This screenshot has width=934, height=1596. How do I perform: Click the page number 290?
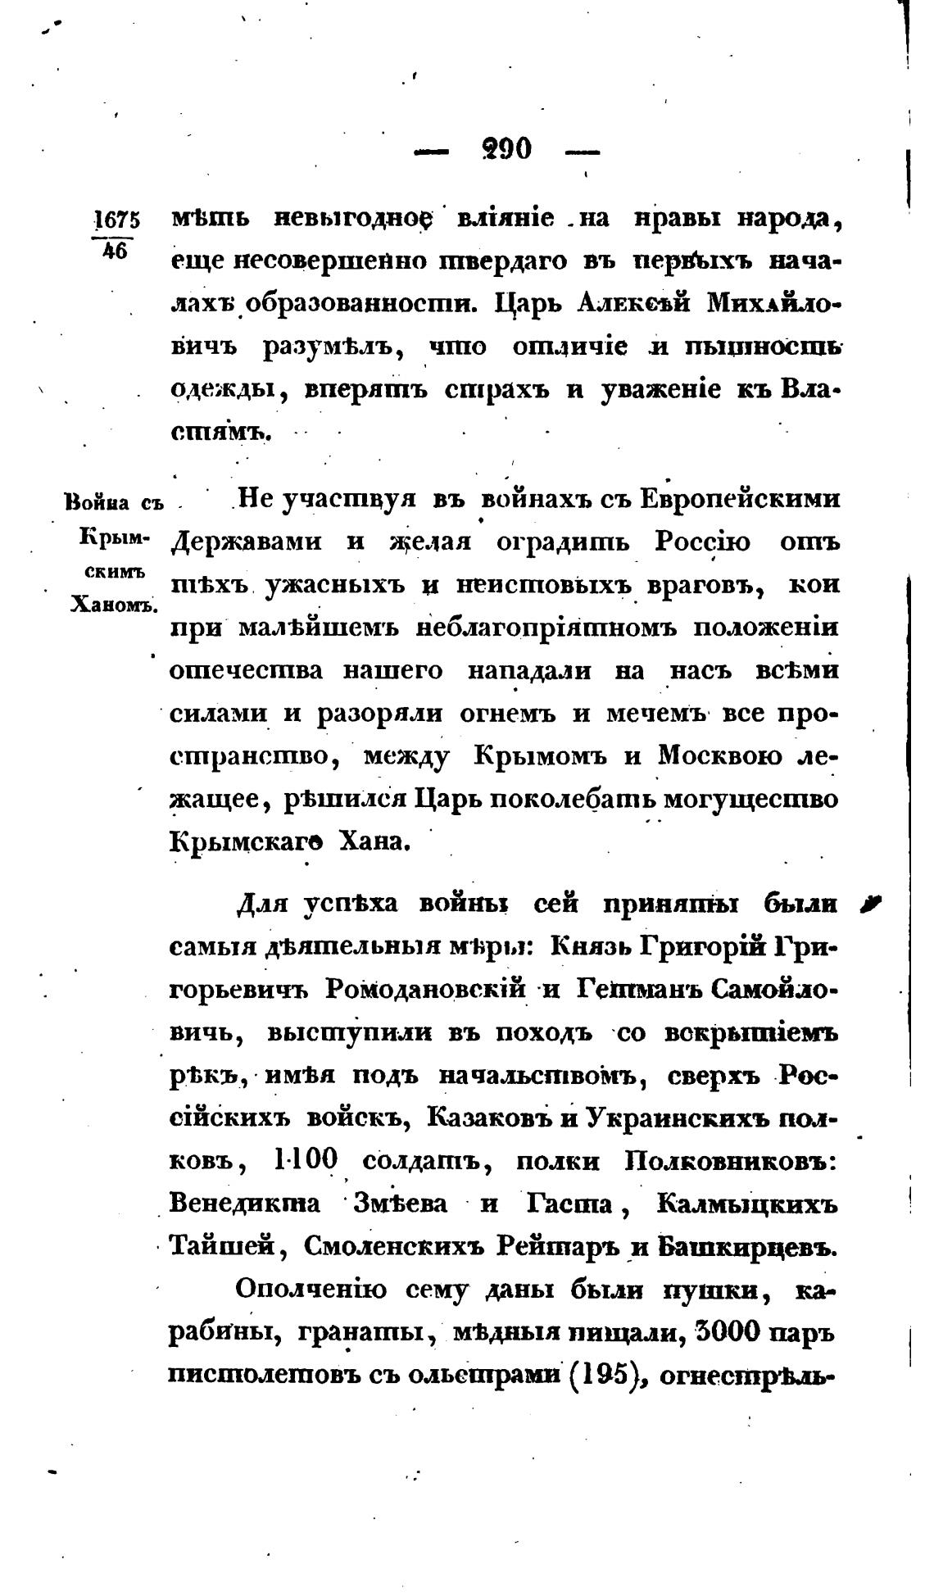click(x=507, y=149)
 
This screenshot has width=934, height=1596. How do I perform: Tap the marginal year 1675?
click(x=117, y=220)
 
